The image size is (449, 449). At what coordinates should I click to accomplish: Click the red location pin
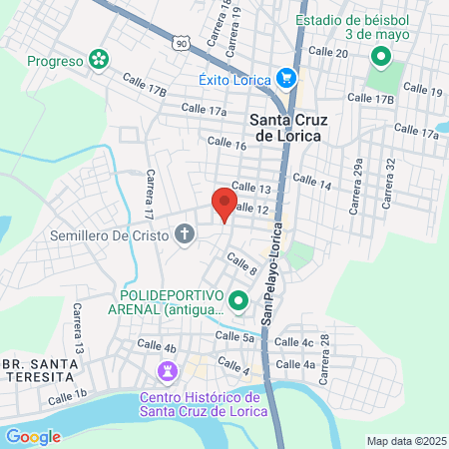[224, 205]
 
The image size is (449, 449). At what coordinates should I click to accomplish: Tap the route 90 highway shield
[179, 44]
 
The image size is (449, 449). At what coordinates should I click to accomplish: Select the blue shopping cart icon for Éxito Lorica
[286, 77]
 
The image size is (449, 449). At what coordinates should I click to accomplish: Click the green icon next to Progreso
[98, 61]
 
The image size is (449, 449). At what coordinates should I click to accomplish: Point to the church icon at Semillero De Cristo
[184, 235]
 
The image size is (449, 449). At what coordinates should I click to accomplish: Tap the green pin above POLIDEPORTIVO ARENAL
[237, 299]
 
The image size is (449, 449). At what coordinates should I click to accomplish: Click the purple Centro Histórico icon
[166, 372]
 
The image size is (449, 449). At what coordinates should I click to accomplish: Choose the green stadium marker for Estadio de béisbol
[379, 56]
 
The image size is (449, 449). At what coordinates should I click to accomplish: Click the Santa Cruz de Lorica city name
[282, 128]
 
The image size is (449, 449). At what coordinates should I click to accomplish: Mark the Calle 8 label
[241, 264]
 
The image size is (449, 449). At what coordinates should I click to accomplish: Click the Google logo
[33, 436]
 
